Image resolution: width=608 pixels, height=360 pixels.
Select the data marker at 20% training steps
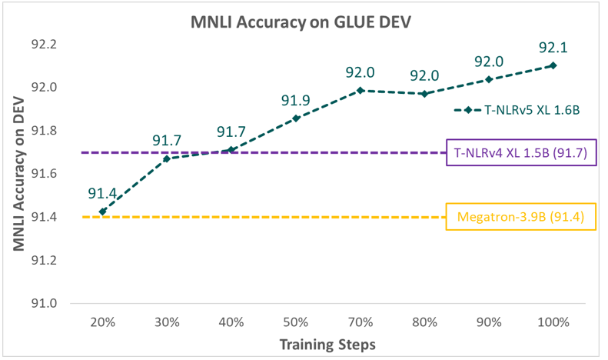pyautogui.click(x=102, y=212)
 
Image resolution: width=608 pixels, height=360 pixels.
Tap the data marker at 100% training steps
pyautogui.click(x=553, y=65)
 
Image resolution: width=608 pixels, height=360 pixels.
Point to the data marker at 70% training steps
pyautogui.click(x=360, y=91)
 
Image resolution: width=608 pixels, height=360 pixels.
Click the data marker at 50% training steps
pyautogui.click(x=296, y=118)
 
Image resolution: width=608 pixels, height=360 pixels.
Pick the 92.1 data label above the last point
pyautogui.click(x=553, y=48)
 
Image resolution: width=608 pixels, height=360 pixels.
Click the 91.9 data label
pyautogui.click(x=296, y=101)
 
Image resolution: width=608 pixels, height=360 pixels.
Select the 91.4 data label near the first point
pyautogui.click(x=102, y=194)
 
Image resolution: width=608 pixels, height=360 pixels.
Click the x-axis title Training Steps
pyautogui.click(x=327, y=344)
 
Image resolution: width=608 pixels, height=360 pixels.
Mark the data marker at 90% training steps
pyautogui.click(x=489, y=79)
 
